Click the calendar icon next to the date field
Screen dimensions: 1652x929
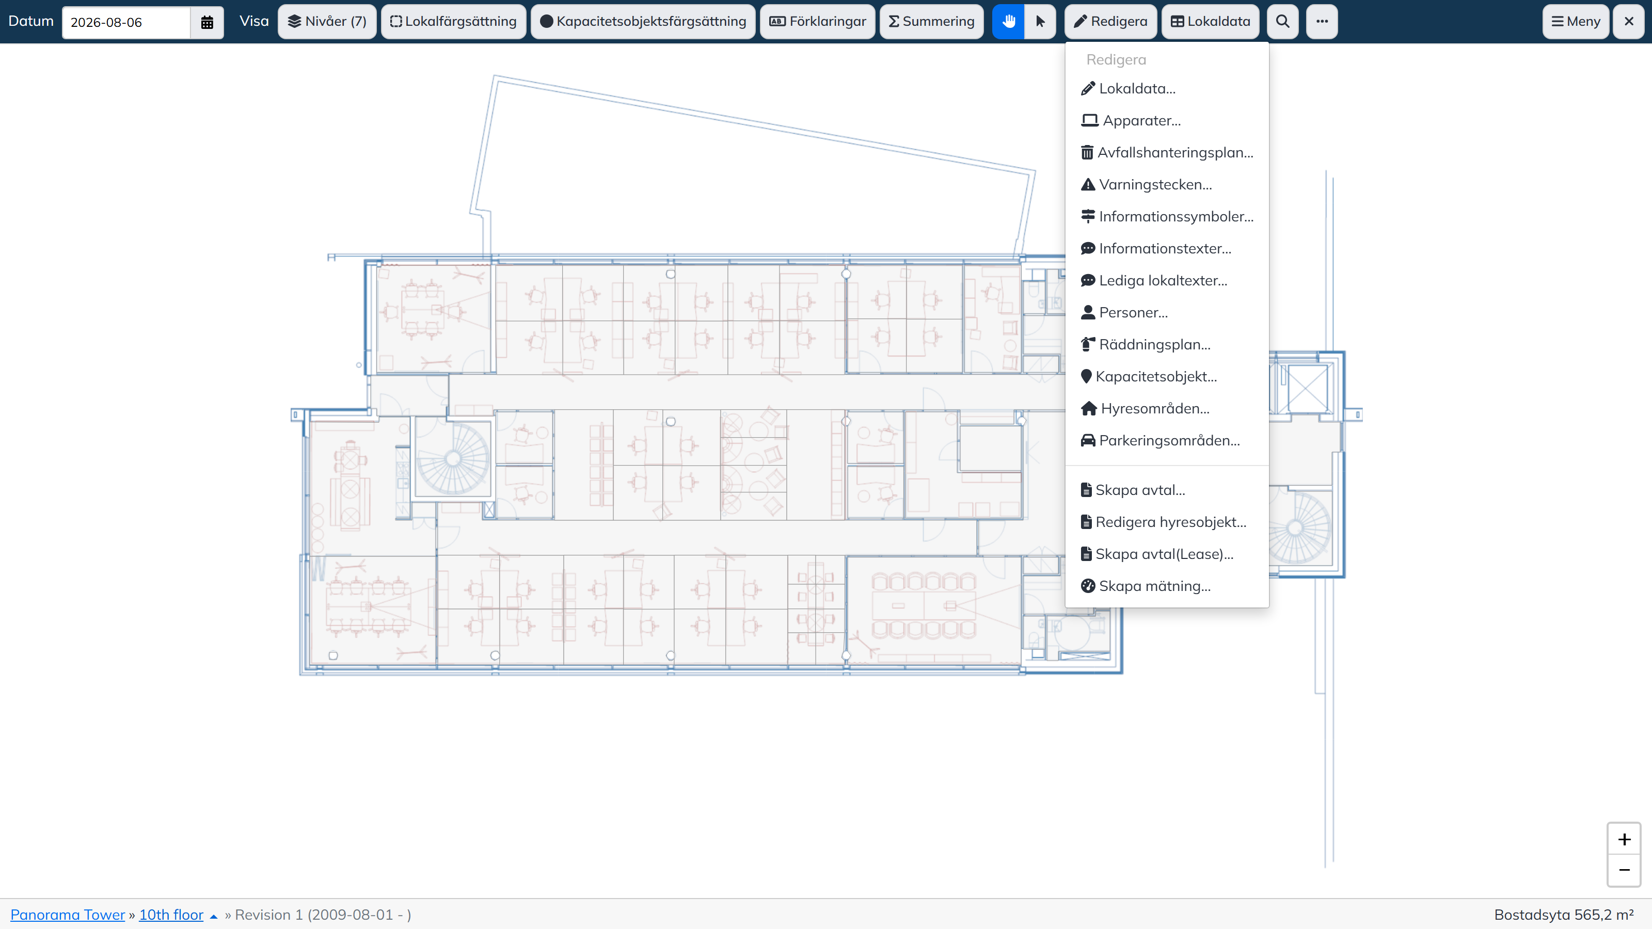(x=206, y=22)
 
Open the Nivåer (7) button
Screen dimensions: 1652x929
(x=327, y=22)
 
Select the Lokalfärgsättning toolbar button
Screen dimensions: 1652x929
(x=453, y=22)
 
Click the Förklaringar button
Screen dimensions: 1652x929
(x=818, y=22)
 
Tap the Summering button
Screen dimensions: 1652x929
(x=932, y=22)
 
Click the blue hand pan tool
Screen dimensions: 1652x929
(x=1008, y=22)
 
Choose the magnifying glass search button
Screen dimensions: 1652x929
(x=1282, y=22)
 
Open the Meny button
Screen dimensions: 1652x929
(x=1576, y=22)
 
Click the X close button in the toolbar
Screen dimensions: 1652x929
(x=1629, y=22)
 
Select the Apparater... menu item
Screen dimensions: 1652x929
(x=1131, y=121)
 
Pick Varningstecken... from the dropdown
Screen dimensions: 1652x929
(x=1147, y=185)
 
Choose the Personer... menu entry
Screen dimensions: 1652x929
(x=1124, y=312)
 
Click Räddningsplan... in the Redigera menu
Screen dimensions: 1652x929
(x=1146, y=344)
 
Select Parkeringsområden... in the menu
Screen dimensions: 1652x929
(x=1160, y=440)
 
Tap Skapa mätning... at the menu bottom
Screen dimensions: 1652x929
(x=1146, y=586)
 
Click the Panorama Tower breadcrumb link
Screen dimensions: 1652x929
(x=67, y=915)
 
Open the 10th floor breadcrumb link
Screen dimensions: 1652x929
(x=171, y=915)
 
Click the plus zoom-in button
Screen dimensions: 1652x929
(x=1624, y=840)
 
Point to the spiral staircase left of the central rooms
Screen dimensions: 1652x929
(x=453, y=458)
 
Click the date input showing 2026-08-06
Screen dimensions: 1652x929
(x=126, y=22)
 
